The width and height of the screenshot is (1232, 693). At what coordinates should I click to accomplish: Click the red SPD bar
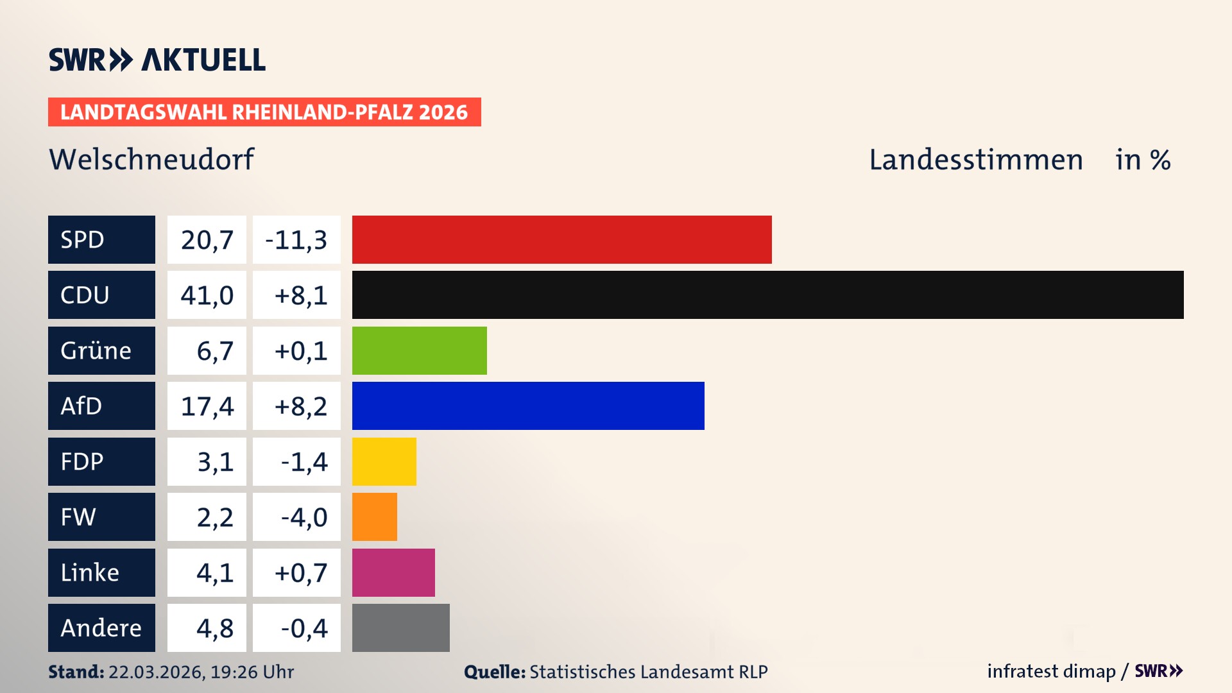click(561, 239)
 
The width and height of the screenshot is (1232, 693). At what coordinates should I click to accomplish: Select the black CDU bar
click(767, 295)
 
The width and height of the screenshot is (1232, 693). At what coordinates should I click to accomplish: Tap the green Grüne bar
click(419, 350)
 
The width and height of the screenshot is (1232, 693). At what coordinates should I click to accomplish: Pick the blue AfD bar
click(528, 406)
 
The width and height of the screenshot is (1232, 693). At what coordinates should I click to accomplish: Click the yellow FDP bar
click(384, 461)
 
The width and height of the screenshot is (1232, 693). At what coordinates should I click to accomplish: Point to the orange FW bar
click(374, 517)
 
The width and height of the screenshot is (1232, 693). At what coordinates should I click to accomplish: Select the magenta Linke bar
click(393, 572)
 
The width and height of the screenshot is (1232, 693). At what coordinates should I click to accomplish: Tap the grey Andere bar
click(400, 628)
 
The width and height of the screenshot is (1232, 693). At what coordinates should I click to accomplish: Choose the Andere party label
click(101, 628)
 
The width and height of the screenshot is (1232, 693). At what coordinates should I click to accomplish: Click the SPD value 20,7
click(207, 239)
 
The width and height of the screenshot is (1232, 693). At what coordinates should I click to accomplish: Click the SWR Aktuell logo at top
click(157, 60)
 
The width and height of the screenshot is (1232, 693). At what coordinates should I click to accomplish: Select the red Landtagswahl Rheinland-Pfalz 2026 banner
click(264, 112)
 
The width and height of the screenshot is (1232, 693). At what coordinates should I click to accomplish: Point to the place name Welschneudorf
click(151, 159)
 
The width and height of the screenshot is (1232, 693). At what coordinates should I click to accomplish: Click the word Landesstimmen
click(975, 159)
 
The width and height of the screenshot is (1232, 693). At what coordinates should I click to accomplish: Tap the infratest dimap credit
click(1051, 671)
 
